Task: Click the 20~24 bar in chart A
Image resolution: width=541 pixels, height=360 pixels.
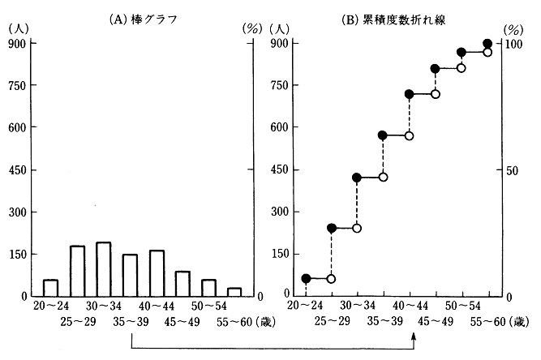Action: tap(50, 288)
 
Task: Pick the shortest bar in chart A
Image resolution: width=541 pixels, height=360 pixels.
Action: tap(234, 292)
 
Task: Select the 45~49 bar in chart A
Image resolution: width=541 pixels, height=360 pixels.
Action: tap(182, 284)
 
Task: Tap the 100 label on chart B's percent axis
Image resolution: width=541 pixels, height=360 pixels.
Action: tap(512, 45)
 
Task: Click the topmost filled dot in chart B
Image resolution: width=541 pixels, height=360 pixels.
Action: tap(487, 44)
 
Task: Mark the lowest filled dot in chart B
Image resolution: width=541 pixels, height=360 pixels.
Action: tap(306, 278)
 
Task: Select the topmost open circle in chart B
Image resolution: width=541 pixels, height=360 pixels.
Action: tap(487, 52)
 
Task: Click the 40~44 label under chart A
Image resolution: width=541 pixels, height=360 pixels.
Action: tap(157, 306)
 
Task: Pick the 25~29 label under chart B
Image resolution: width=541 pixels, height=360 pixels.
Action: tap(332, 322)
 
